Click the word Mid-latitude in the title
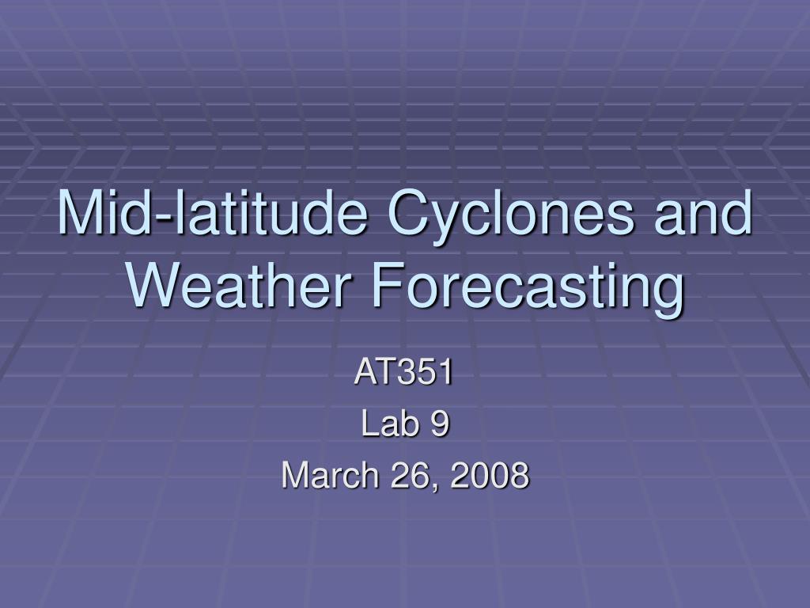(x=212, y=212)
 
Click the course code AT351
(x=404, y=371)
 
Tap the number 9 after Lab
(x=440, y=424)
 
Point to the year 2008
(x=490, y=475)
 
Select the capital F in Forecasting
(x=388, y=284)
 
